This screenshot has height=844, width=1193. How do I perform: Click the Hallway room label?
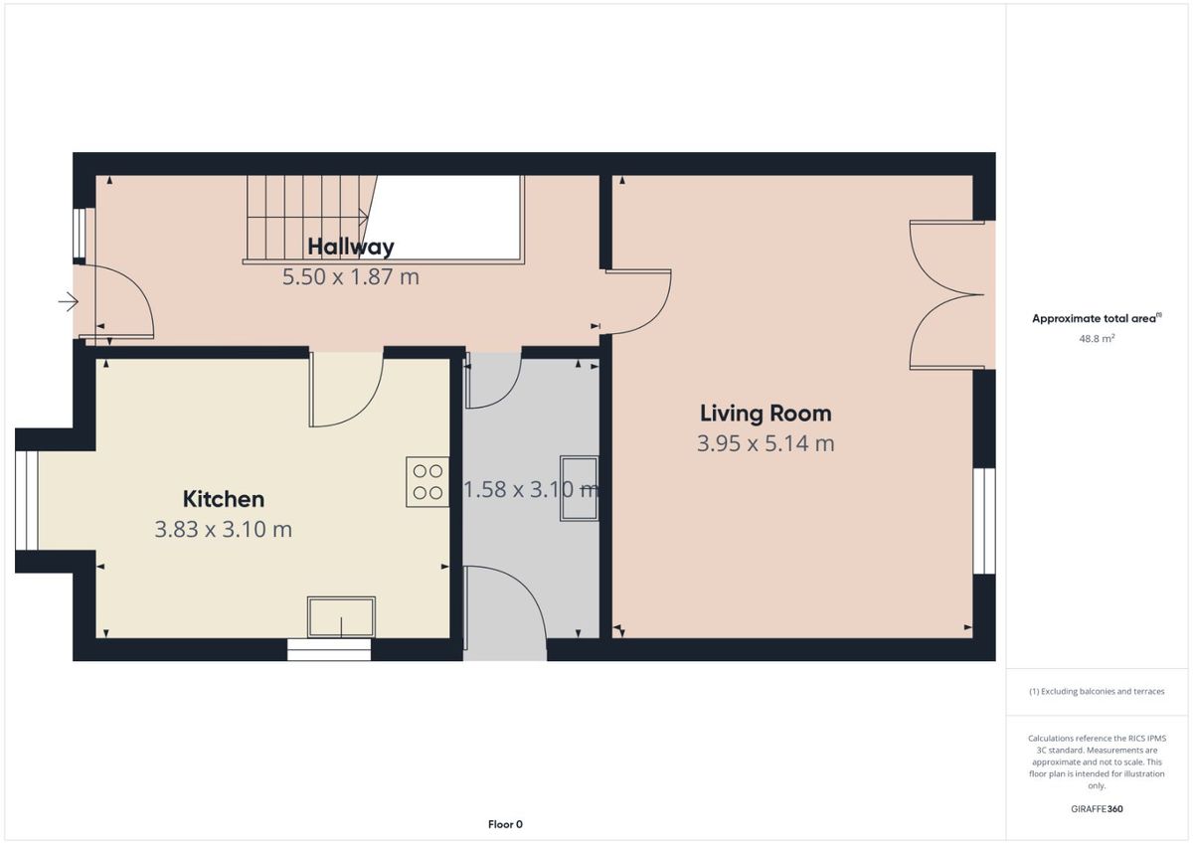pyautogui.click(x=351, y=247)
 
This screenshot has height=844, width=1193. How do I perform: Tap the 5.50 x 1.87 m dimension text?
pyautogui.click(x=350, y=277)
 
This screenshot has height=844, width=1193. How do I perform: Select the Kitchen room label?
pyautogui.click(x=224, y=499)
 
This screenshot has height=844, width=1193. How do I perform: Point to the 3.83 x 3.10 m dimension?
pyautogui.click(x=223, y=529)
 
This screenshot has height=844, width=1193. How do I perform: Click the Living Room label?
pyautogui.click(x=766, y=414)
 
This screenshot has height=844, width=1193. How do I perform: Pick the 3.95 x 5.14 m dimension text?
pyautogui.click(x=766, y=443)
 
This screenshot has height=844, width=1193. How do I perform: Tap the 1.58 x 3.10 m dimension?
pyautogui.click(x=532, y=489)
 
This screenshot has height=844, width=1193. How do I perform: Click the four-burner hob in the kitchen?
pyautogui.click(x=427, y=481)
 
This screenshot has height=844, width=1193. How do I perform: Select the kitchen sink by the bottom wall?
pyautogui.click(x=341, y=617)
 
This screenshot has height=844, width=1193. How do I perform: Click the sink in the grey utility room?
pyautogui.click(x=579, y=488)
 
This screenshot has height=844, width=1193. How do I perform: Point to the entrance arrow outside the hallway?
pyautogui.click(x=69, y=302)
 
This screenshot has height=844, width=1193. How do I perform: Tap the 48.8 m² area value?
pyautogui.click(x=1097, y=338)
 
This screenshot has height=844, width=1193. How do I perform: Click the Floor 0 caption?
pyautogui.click(x=505, y=824)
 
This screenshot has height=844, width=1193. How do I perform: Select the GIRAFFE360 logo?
pyautogui.click(x=1097, y=809)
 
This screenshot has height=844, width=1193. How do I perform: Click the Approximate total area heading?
pyautogui.click(x=1097, y=318)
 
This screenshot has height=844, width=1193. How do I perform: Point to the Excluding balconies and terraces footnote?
pyautogui.click(x=1097, y=691)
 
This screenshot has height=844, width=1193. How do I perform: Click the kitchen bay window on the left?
pyautogui.click(x=27, y=501)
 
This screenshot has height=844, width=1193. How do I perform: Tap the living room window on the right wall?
pyautogui.click(x=984, y=521)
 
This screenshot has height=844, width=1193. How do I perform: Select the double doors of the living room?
pyautogui.click(x=946, y=294)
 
